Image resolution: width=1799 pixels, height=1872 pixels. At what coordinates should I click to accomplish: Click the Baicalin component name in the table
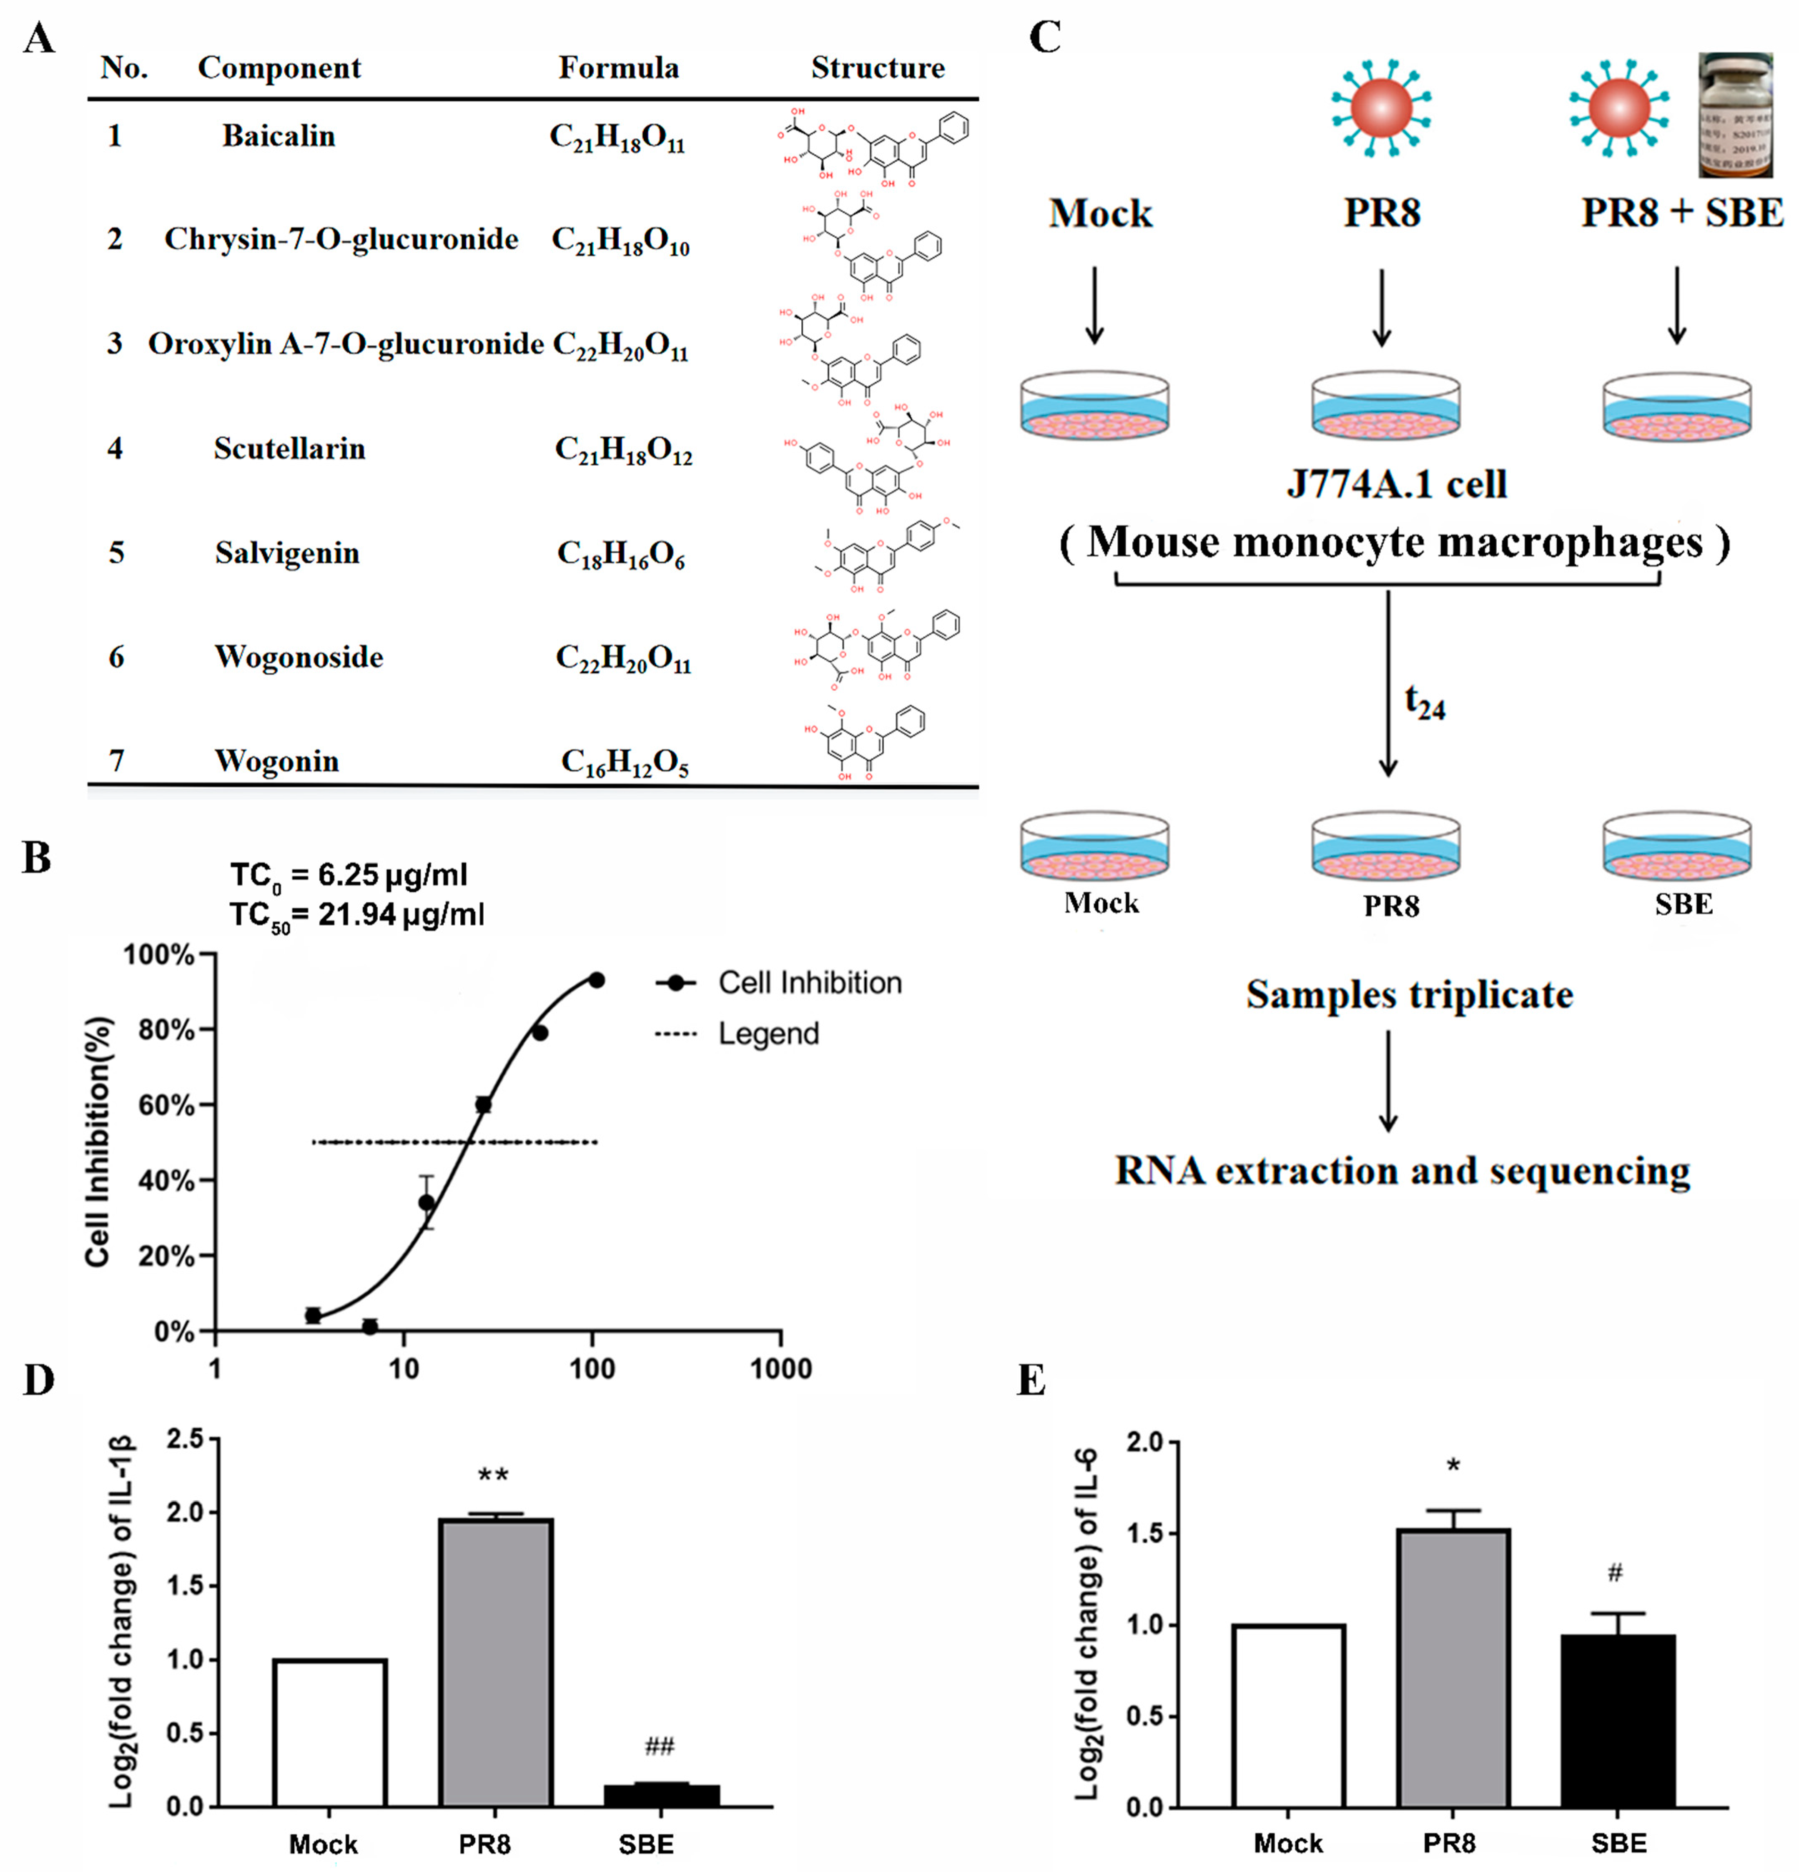pyautogui.click(x=279, y=137)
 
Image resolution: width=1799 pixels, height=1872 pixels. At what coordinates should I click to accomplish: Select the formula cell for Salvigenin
pyautogui.click(x=621, y=555)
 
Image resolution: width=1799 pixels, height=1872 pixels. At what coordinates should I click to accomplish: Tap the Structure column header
pyautogui.click(x=878, y=68)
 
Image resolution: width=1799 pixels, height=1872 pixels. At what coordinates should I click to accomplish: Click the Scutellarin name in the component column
pyautogui.click(x=289, y=449)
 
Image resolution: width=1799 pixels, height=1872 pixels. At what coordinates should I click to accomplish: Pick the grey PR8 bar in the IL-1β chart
pyautogui.click(x=496, y=1662)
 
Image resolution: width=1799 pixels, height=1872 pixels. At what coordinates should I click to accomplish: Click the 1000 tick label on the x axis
pyautogui.click(x=780, y=1369)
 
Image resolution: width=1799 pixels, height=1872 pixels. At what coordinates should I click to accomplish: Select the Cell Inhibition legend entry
pyautogui.click(x=778, y=983)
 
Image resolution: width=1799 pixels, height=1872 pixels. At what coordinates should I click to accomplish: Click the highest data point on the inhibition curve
pyautogui.click(x=596, y=980)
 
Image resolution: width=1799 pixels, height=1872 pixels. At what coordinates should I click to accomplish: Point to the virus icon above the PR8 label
pyautogui.click(x=1382, y=107)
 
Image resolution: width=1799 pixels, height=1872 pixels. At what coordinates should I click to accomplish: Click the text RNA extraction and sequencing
pyautogui.click(x=1402, y=1171)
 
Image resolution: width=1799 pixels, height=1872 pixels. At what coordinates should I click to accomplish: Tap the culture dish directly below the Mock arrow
pyautogui.click(x=1094, y=406)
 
